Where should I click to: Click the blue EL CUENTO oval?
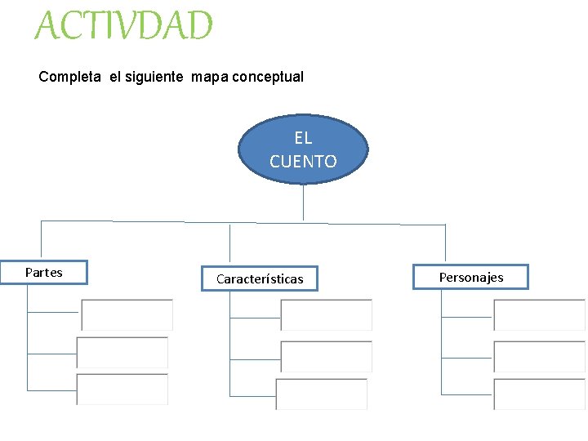pos(303,149)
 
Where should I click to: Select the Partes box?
pos(44,273)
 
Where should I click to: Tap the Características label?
pos(260,279)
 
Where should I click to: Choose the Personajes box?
pos(471,277)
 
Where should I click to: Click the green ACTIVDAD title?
pos(123,26)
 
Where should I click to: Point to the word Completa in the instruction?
pos(70,77)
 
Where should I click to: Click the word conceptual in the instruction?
pos(268,77)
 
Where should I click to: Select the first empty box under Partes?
pos(127,314)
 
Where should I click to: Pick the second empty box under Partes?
pos(122,353)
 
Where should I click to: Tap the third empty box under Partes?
pos(122,390)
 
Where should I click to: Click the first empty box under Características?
pos(326,315)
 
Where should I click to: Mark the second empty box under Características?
pos(326,356)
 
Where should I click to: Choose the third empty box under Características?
pos(322,394)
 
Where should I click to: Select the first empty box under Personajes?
pos(539,315)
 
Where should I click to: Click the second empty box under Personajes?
pos(539,356)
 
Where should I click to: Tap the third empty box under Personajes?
pos(539,394)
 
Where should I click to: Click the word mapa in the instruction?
pos(210,77)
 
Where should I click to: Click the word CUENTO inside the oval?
pos(303,162)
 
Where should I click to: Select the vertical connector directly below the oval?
pos(303,202)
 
